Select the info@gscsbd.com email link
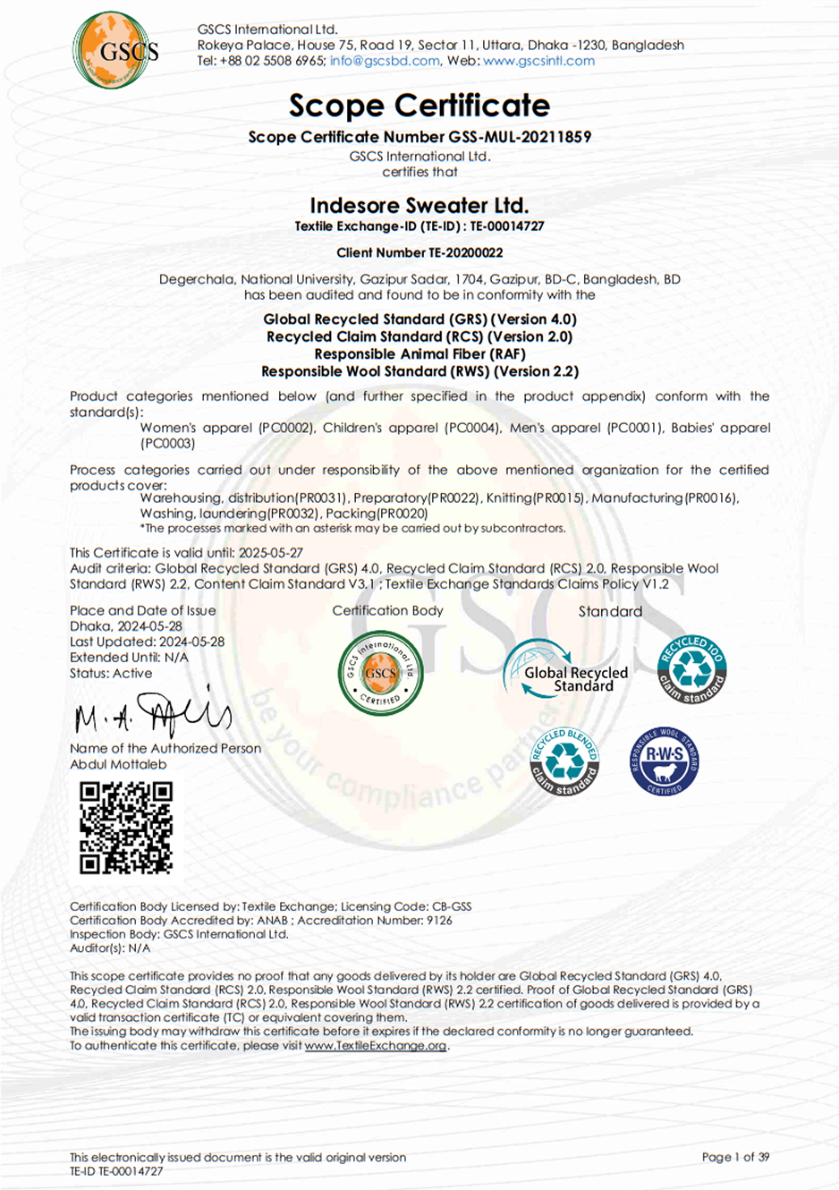[x=385, y=61]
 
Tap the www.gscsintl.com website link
[x=538, y=61]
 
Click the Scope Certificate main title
[x=419, y=106]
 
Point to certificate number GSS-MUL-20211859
[x=520, y=137]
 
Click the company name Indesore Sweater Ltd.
[x=419, y=205]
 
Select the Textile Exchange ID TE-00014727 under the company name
[x=507, y=226]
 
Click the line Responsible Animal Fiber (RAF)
[x=419, y=353]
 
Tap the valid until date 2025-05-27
[x=271, y=553]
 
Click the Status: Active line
[x=111, y=673]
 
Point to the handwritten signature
[x=152, y=714]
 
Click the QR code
[x=126, y=827]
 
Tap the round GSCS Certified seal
[x=380, y=672]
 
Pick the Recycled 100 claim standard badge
[x=691, y=669]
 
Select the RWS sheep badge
[x=664, y=761]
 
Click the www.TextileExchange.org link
[x=376, y=1045]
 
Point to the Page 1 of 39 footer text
[x=735, y=1157]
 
